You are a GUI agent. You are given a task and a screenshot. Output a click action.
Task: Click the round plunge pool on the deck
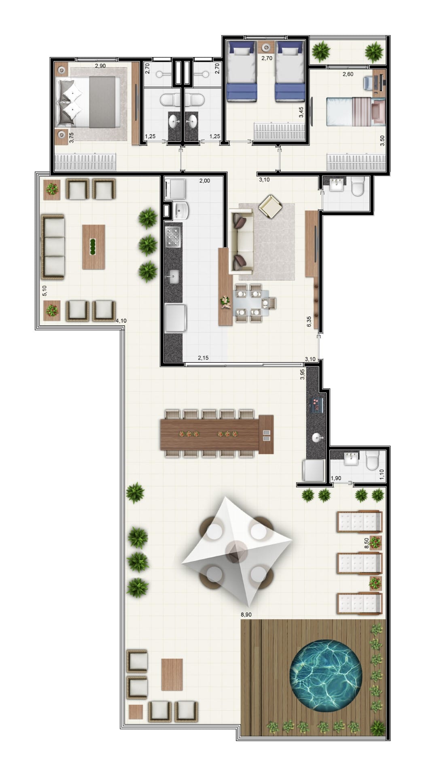click(325, 675)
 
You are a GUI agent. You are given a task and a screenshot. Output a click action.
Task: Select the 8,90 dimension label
click(246, 614)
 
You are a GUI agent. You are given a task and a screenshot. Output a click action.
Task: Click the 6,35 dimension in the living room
click(309, 321)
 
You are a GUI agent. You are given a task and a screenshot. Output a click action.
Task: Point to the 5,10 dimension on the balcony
click(45, 291)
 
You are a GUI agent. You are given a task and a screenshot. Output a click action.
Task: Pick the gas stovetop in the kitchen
click(173, 237)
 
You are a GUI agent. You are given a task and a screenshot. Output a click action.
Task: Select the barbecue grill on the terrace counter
click(316, 405)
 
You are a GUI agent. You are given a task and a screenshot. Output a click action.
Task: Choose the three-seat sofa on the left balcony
click(53, 247)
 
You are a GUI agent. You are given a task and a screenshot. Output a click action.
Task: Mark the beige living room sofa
click(241, 241)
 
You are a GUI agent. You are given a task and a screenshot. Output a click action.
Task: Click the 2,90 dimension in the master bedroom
click(100, 65)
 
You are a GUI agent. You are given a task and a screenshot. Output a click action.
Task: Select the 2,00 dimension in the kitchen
click(204, 181)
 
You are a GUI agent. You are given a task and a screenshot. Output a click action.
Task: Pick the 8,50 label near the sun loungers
click(367, 543)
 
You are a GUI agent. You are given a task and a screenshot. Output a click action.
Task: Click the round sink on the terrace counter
click(317, 437)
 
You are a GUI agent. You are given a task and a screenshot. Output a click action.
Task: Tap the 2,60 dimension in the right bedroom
click(348, 74)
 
